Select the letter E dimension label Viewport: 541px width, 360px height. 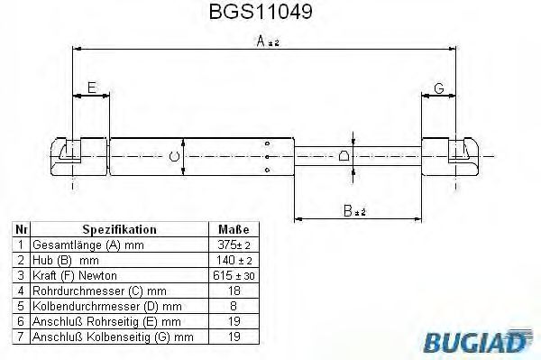pyautogui.click(x=90, y=87)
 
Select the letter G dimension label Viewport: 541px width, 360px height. pyautogui.click(x=439, y=87)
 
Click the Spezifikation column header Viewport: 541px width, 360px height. pyautogui.click(x=120, y=230)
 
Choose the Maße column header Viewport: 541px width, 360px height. pyautogui.click(x=233, y=230)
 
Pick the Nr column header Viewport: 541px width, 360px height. pyautogui.click(x=20, y=230)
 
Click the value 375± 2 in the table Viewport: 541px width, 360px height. pyautogui.click(x=233, y=245)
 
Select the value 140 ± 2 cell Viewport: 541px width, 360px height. pyautogui.click(x=233, y=260)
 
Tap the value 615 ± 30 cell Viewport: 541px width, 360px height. pyautogui.click(x=233, y=274)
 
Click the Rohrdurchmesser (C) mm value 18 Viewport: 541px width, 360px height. pyautogui.click(x=233, y=290)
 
